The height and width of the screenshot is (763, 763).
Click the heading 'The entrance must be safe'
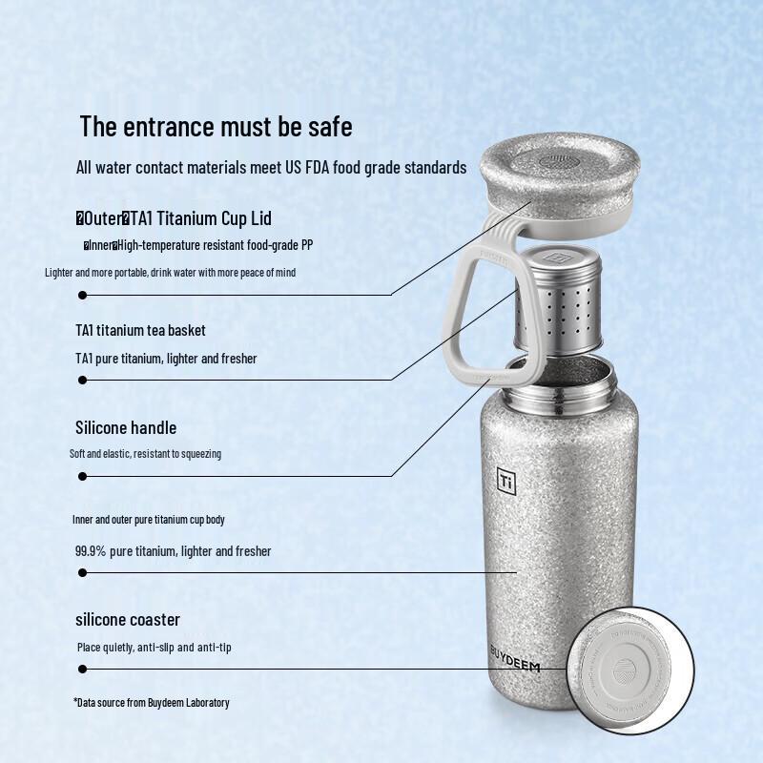click(x=216, y=126)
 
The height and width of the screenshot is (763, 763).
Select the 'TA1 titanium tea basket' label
click(x=140, y=330)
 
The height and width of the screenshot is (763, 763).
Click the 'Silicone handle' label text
click(x=126, y=427)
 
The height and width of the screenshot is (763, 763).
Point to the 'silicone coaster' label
click(x=128, y=620)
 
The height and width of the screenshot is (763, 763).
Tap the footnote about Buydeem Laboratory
click(x=152, y=703)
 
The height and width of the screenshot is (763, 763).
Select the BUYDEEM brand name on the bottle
click(x=514, y=658)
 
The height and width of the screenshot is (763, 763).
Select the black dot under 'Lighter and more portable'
click(x=83, y=295)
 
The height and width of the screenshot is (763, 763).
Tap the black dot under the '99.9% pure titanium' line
click(x=83, y=573)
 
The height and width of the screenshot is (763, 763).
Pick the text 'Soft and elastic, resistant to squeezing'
click(x=145, y=454)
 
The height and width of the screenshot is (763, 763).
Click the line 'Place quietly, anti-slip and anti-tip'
click(x=155, y=648)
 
